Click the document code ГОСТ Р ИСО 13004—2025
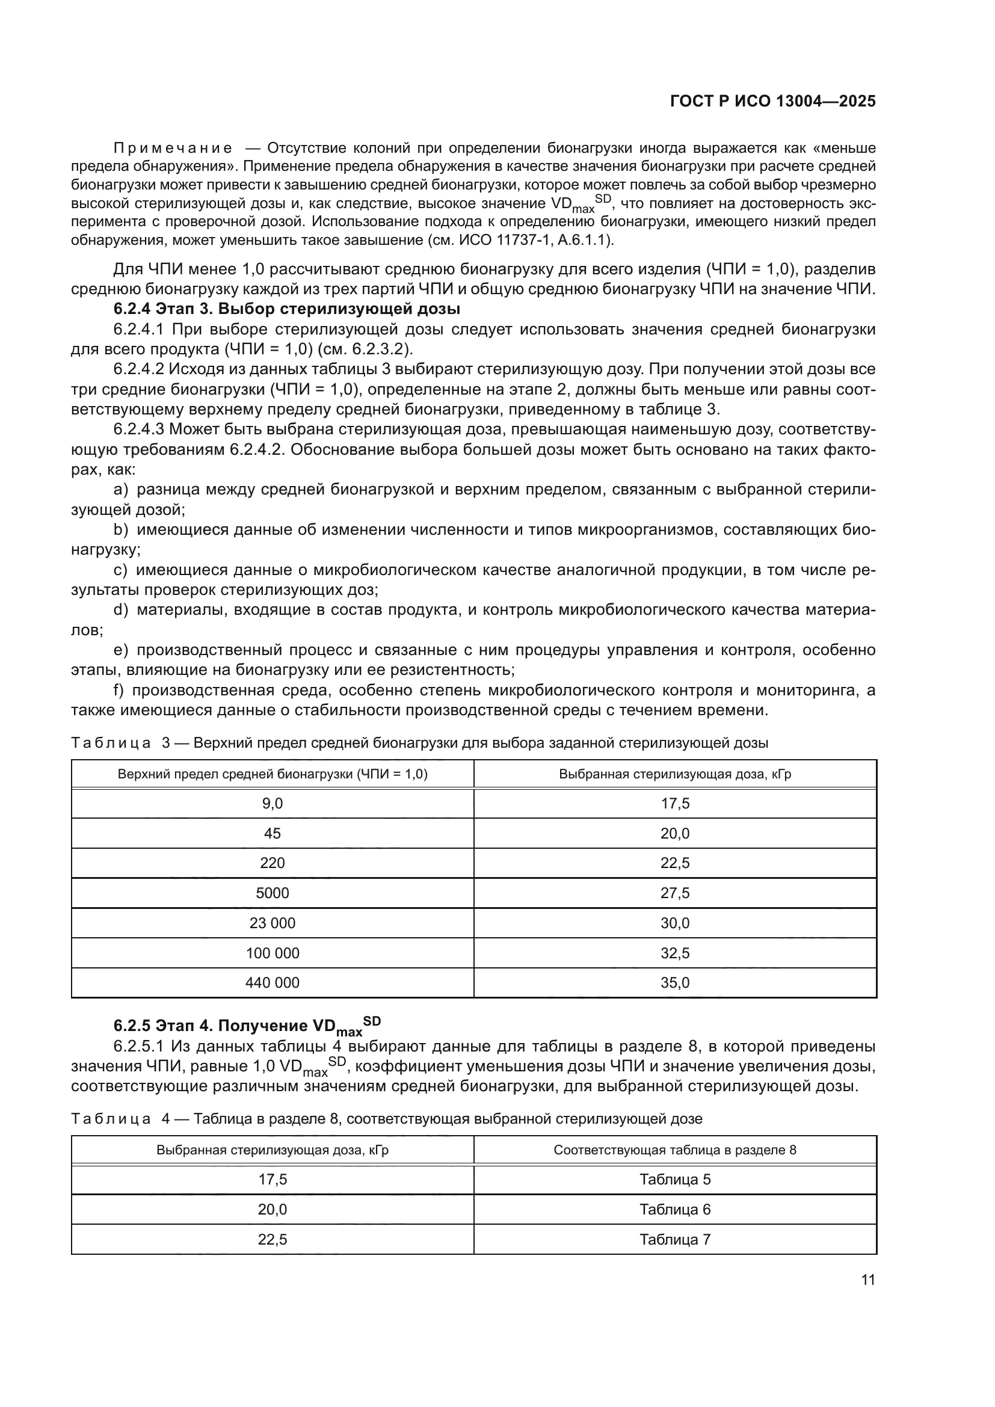pyautogui.click(x=772, y=101)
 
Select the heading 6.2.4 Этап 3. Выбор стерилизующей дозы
pyautogui.click(x=287, y=309)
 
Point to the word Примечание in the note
pyautogui.click(x=173, y=149)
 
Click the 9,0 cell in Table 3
pyautogui.click(x=272, y=804)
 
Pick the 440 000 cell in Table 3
pyautogui.click(x=272, y=982)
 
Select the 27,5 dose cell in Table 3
pyautogui.click(x=674, y=893)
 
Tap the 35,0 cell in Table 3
pyautogui.click(x=674, y=982)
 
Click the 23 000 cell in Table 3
pyautogui.click(x=272, y=923)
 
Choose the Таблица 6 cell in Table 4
pyautogui.click(x=674, y=1209)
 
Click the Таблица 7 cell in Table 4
pyautogui.click(x=674, y=1239)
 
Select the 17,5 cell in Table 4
pyautogui.click(x=272, y=1179)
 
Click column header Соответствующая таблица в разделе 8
pyautogui.click(x=674, y=1150)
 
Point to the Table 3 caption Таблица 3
pyautogui.click(x=120, y=744)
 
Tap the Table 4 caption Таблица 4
pyautogui.click(x=120, y=1119)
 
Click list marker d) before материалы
pyautogui.click(x=121, y=610)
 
